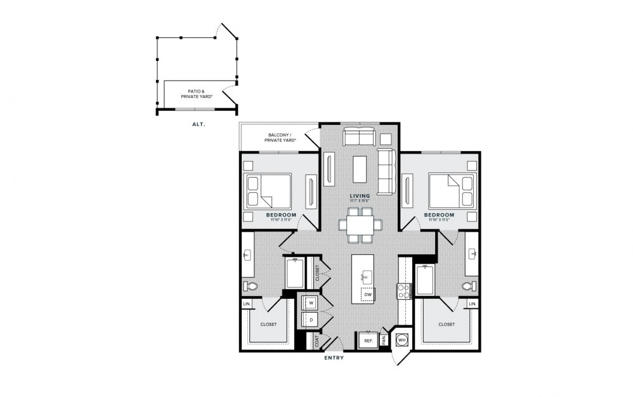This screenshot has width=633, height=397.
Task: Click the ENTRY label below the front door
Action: click(x=334, y=358)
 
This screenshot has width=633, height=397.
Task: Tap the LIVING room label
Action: click(x=360, y=196)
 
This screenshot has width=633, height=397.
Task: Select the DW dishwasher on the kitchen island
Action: click(x=367, y=294)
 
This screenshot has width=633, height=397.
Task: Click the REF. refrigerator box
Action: click(x=367, y=341)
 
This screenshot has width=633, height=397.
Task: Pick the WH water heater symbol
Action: click(x=401, y=340)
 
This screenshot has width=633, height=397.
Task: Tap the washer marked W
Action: click(x=311, y=303)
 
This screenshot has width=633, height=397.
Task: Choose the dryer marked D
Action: click(x=311, y=320)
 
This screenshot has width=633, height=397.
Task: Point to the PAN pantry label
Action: click(x=384, y=340)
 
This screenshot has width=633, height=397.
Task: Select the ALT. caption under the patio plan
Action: click(x=199, y=124)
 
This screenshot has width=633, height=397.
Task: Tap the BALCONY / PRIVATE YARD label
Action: click(x=278, y=137)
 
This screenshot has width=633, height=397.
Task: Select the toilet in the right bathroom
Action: click(x=469, y=287)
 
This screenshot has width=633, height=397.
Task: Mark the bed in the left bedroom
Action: click(x=268, y=191)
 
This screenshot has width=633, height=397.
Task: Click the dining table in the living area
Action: click(x=360, y=225)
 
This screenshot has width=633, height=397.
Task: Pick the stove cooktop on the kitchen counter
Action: click(x=403, y=291)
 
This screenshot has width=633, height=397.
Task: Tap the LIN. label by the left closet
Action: click(x=246, y=304)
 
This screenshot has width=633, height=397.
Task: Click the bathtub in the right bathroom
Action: click(x=425, y=280)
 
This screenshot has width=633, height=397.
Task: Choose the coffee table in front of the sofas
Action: click(x=360, y=169)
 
